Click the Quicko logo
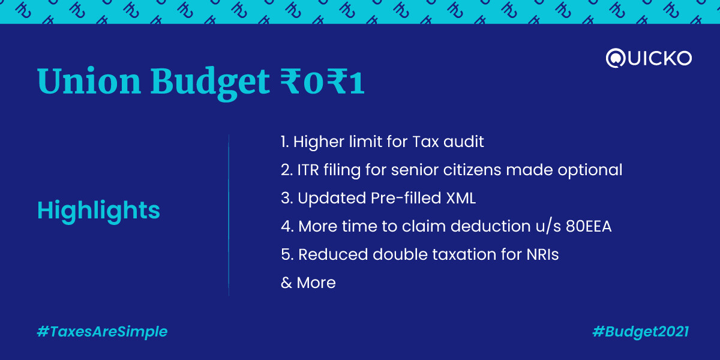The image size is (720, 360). [649, 58]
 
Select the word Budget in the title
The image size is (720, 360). [210, 83]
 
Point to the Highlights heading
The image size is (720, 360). [98, 211]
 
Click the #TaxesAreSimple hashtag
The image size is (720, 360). [102, 332]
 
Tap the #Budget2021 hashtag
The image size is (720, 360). [641, 332]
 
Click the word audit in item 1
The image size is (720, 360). [464, 142]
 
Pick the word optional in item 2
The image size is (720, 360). [590, 170]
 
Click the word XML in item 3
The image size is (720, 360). [461, 199]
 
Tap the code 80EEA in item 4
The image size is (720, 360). [589, 226]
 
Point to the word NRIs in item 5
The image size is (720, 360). [542, 254]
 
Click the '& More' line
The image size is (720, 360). [308, 283]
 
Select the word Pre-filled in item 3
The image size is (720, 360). [406, 198]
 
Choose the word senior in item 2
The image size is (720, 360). [415, 170]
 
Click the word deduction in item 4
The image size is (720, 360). [491, 226]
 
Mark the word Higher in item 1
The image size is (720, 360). [319, 142]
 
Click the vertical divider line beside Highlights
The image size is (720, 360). [229, 215]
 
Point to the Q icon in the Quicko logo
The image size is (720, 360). [615, 58]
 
